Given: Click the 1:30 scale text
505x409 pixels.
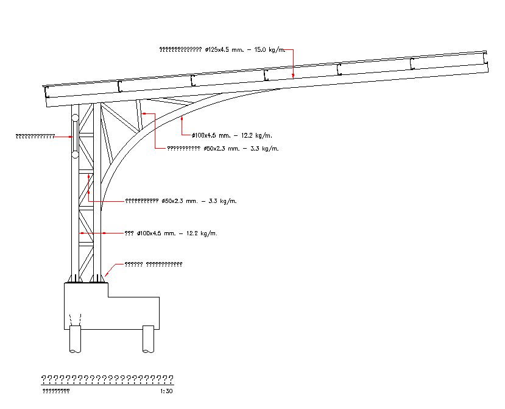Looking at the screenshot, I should pyautogui.click(x=166, y=391).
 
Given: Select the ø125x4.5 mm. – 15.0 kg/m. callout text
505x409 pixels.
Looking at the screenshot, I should pyautogui.click(x=222, y=49).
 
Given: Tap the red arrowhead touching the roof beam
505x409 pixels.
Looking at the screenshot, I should pyautogui.click(x=293, y=75).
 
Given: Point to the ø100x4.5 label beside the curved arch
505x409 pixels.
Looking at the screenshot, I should pyautogui.click(x=231, y=135).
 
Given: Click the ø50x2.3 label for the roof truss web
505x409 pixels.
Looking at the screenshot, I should pyautogui.click(x=223, y=148).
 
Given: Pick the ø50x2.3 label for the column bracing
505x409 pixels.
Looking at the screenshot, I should pyautogui.click(x=181, y=201).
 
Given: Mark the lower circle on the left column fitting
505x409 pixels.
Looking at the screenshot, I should pyautogui.click(x=74, y=155).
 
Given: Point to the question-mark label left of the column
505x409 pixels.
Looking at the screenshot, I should pyautogui.click(x=35, y=136).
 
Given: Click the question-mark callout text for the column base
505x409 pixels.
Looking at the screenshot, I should pyautogui.click(x=153, y=264).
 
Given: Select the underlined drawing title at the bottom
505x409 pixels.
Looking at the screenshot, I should pyautogui.click(x=107, y=379).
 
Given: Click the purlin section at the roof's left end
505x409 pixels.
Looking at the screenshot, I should pyautogui.click(x=46, y=92).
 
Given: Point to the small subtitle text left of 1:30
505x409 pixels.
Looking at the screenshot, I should pyautogui.click(x=55, y=391).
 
